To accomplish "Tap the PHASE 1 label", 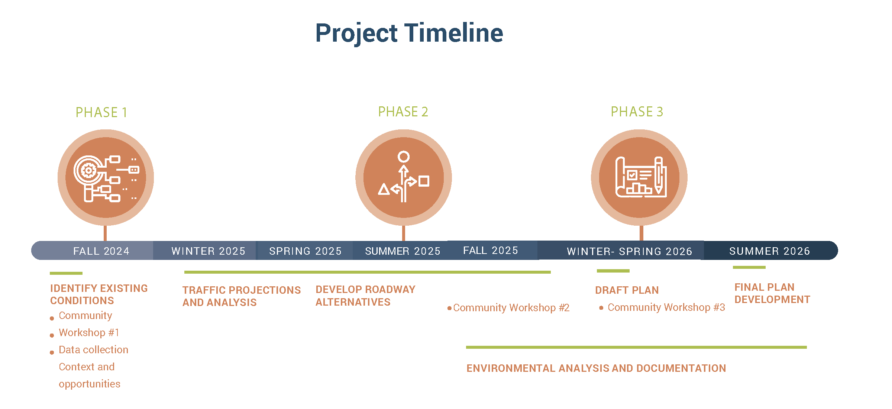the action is (101, 112).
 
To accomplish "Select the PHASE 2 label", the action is (403, 112).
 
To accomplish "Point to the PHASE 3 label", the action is (637, 112).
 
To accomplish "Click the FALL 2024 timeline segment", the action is (93, 251).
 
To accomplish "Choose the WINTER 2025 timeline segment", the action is (204, 251).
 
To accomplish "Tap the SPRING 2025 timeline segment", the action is (304, 251).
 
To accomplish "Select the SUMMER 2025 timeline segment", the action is (400, 251).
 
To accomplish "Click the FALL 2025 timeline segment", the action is (492, 250).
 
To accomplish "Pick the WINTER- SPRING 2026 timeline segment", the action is (621, 251).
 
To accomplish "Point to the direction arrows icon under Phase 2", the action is (404, 177).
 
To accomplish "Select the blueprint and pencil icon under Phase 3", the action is (641, 177).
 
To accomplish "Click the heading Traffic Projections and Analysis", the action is (242, 296).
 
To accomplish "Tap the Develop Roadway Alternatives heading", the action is (365, 296).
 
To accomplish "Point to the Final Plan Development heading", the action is (772, 293).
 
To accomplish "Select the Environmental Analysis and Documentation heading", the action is (596, 368).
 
